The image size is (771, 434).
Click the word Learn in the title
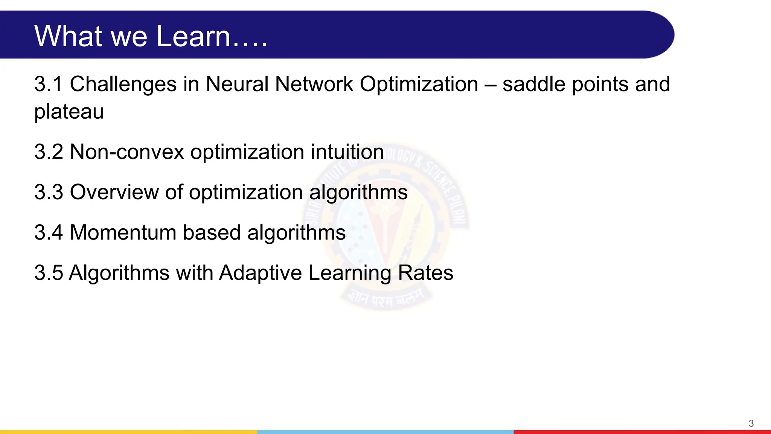(193, 36)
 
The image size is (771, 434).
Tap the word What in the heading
(68, 36)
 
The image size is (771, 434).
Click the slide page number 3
(751, 423)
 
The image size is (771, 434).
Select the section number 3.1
(48, 84)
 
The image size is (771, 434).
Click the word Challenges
(123, 84)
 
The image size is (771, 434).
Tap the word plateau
(69, 112)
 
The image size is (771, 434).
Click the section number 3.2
(49, 152)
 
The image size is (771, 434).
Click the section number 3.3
(49, 192)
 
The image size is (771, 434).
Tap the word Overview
(114, 192)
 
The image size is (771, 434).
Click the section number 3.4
(49, 232)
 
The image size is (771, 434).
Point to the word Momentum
(123, 232)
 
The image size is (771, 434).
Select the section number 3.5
(49, 273)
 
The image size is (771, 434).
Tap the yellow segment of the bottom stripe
(128, 432)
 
